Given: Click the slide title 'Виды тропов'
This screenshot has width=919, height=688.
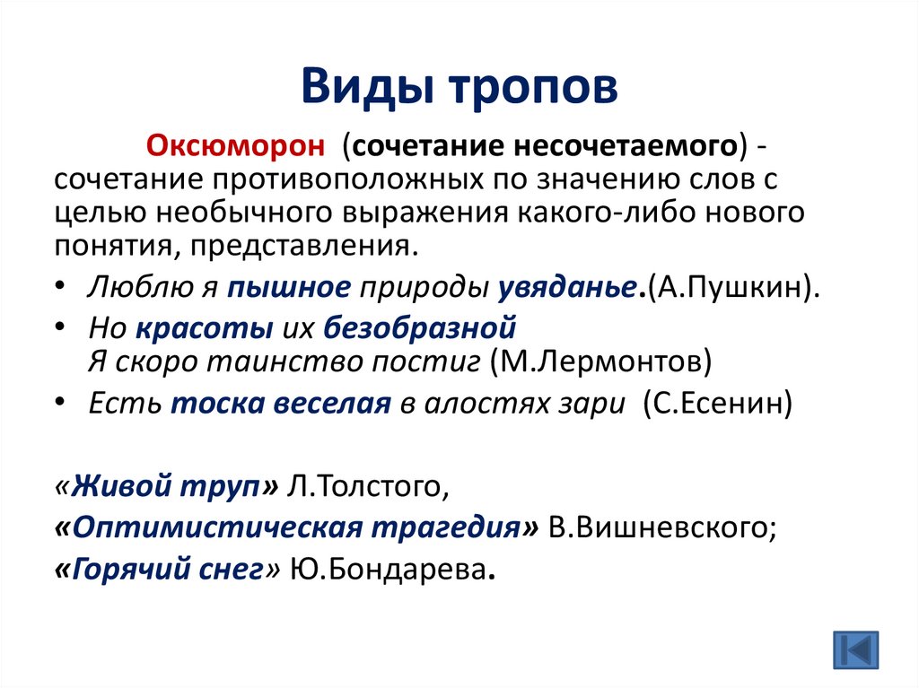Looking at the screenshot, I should [x=459, y=90].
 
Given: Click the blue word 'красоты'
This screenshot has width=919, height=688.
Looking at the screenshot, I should [x=205, y=329].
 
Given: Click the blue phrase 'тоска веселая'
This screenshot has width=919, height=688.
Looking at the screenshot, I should [x=279, y=404].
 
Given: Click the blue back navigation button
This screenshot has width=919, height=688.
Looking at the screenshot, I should [x=855, y=648].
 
